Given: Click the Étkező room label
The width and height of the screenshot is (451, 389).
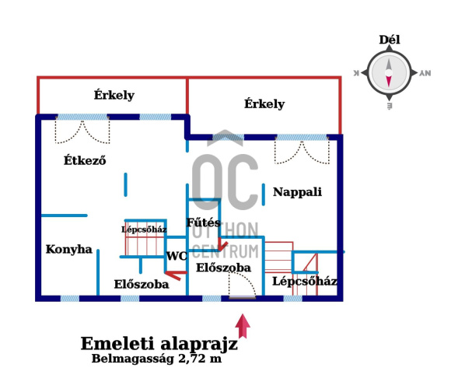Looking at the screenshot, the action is (x=85, y=160).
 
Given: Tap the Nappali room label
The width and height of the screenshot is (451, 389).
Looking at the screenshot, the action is (x=297, y=192).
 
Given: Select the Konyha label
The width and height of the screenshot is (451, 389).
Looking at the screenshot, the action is (x=69, y=249).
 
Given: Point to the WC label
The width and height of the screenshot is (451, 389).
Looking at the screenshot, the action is (x=177, y=256).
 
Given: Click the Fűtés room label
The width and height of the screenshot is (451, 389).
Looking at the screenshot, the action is (x=204, y=223).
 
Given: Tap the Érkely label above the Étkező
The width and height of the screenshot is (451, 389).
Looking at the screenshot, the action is (x=114, y=95).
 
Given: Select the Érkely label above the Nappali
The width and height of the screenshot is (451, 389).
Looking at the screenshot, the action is (x=264, y=103).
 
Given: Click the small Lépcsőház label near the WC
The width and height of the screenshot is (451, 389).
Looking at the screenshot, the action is (x=144, y=230).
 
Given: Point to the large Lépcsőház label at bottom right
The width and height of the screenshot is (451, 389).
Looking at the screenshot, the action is (x=305, y=281).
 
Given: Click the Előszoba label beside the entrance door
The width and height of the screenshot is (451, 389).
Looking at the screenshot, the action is (x=223, y=268).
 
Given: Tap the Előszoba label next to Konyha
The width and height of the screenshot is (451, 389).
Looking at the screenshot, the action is (x=142, y=284).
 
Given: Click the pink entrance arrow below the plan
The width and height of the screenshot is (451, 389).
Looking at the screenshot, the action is (x=243, y=326).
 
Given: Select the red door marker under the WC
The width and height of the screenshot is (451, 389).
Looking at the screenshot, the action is (x=176, y=275).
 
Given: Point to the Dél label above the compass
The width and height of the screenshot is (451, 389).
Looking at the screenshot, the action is (x=390, y=40).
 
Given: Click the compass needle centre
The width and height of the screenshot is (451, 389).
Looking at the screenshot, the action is (x=389, y=73).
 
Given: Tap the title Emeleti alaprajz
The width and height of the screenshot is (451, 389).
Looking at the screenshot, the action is (x=159, y=344).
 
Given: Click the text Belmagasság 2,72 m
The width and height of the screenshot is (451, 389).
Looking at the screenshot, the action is (x=157, y=359).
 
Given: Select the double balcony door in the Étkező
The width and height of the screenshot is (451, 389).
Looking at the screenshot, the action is (x=82, y=131).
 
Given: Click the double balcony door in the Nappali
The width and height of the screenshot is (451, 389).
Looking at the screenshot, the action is (x=302, y=152).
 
